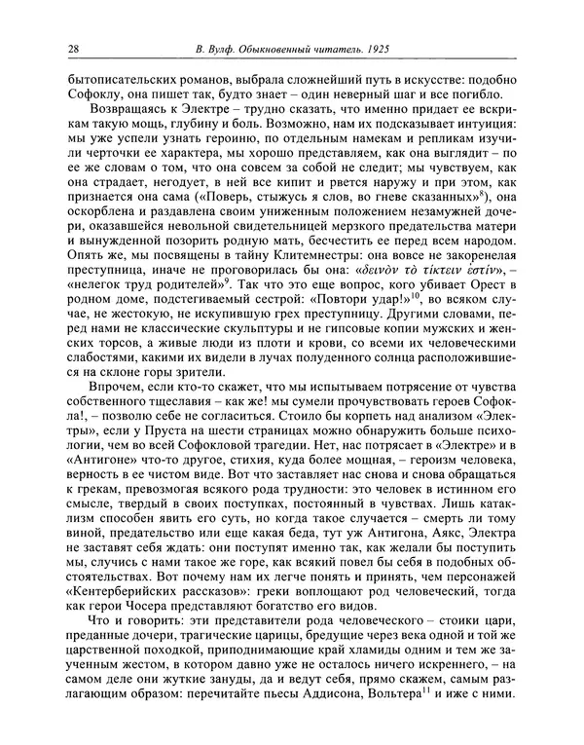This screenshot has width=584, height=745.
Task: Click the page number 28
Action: click(74, 50)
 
